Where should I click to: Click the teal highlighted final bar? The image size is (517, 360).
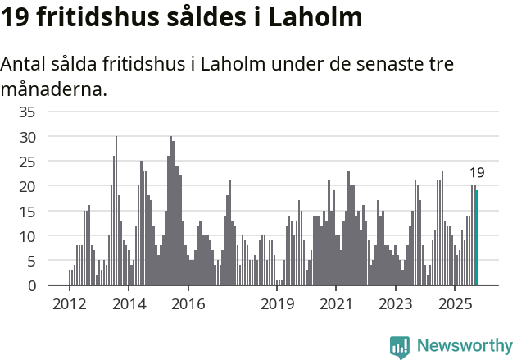(x=477, y=238)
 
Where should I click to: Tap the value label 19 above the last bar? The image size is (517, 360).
(x=477, y=173)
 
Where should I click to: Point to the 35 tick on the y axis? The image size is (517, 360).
(x=27, y=112)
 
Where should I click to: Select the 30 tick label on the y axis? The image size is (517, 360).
(x=27, y=136)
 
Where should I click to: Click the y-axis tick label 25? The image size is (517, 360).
(x=27, y=162)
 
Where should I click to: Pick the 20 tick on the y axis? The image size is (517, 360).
(x=27, y=186)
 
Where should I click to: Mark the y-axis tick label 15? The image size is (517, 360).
(x=27, y=212)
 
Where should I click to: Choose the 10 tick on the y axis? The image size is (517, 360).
(x=27, y=236)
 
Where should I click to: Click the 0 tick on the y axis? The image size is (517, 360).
(x=31, y=286)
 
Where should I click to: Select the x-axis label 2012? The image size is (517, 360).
(x=69, y=304)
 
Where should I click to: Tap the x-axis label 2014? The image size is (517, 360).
(x=129, y=304)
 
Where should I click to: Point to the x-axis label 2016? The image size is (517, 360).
(x=188, y=304)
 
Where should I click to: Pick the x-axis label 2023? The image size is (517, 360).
(x=396, y=304)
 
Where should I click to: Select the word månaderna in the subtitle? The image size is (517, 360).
(x=54, y=89)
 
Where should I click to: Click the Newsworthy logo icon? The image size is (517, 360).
(x=400, y=348)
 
